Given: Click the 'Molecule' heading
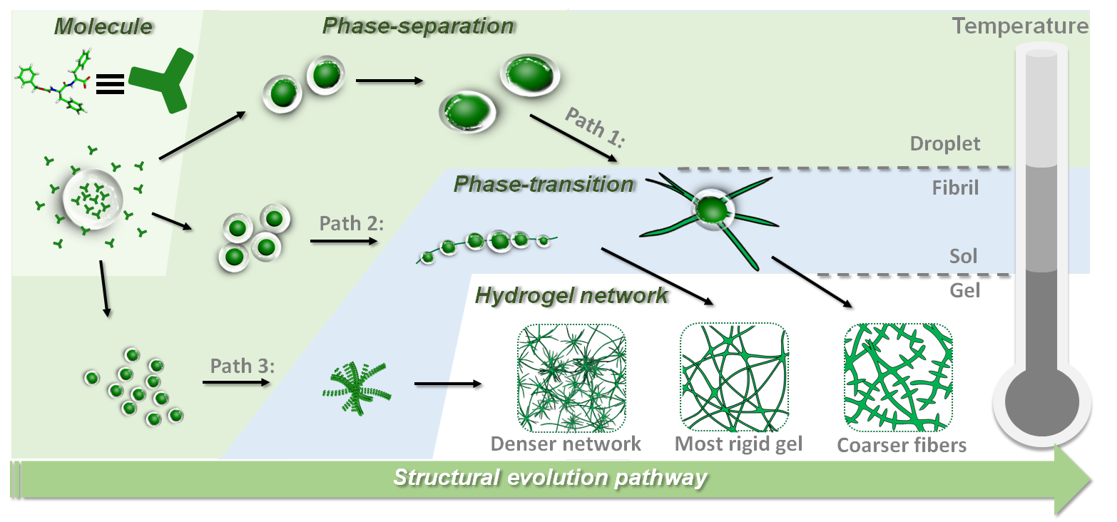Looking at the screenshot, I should (x=104, y=27).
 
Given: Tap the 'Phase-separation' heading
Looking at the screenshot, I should (x=418, y=26).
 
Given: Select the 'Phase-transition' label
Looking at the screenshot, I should (x=544, y=184).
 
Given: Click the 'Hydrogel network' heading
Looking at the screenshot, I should (x=572, y=295).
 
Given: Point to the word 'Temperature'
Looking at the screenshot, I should (x=1020, y=27).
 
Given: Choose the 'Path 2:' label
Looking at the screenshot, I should (x=352, y=224).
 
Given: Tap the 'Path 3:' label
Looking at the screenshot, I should (x=243, y=367).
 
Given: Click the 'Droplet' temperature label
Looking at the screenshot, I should (x=945, y=143).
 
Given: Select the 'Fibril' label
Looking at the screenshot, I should (x=955, y=189).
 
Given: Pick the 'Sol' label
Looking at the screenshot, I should (x=963, y=255).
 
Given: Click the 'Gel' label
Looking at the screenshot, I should (x=965, y=290).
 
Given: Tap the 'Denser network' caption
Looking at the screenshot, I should (x=566, y=444).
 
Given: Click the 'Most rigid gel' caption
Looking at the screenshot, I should (x=739, y=444).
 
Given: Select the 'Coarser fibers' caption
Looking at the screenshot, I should (x=902, y=446).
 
